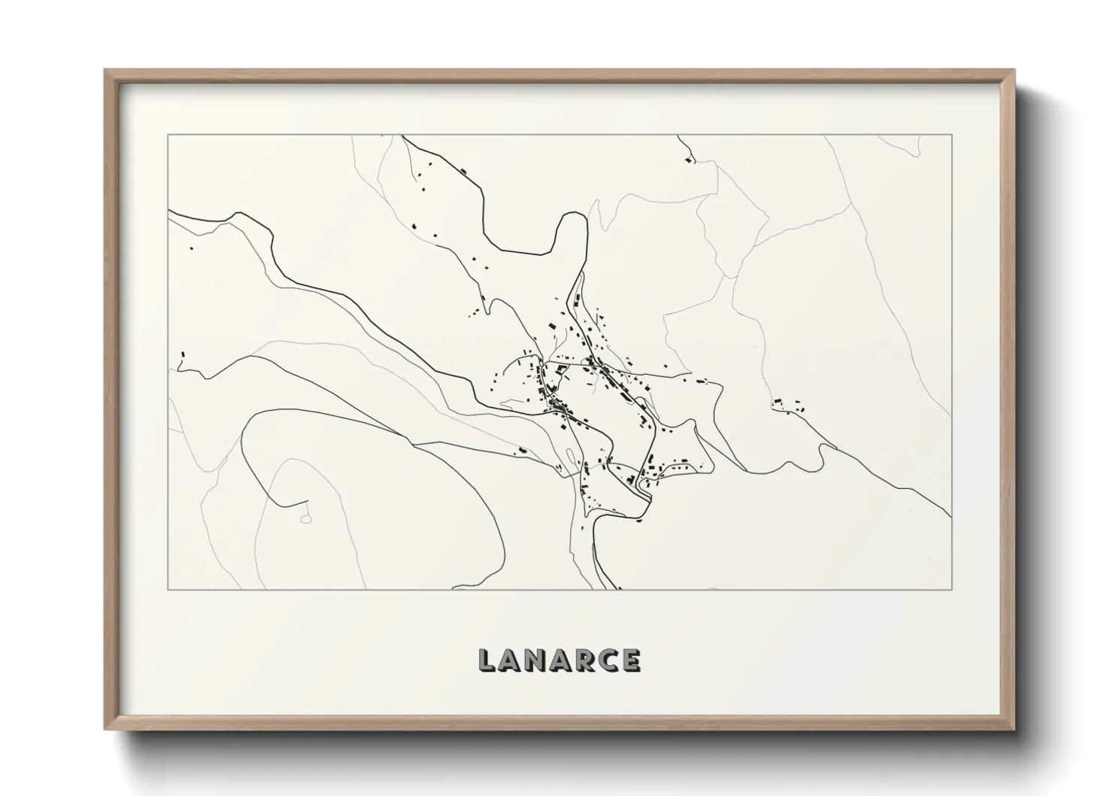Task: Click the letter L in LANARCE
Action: pos(487,660)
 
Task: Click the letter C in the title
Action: pos(608,660)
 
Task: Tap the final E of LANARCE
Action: pos(630,660)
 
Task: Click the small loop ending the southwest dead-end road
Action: pos(305,518)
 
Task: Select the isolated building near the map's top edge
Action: pos(688,160)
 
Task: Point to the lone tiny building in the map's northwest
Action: pos(192,248)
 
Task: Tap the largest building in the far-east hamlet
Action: pos(779,403)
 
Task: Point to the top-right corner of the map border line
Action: pos(951,135)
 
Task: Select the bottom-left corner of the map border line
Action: pos(168,589)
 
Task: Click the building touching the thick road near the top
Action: pos(464,172)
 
